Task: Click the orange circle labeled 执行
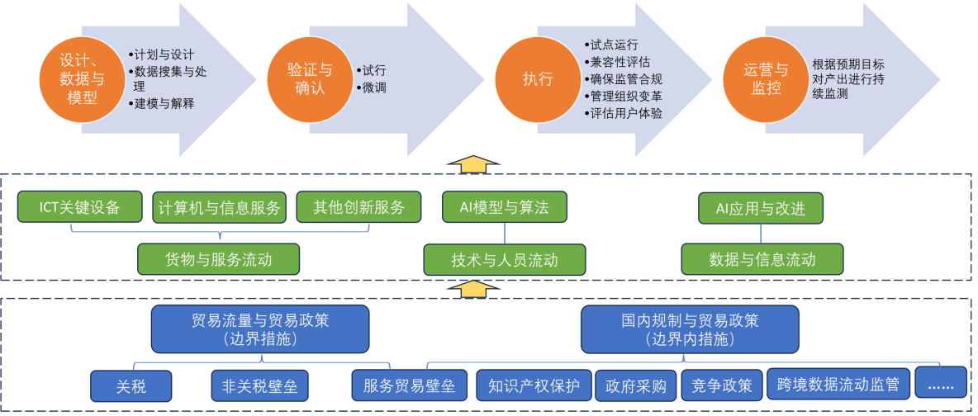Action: coord(538,79)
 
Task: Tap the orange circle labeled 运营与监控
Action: coord(766,79)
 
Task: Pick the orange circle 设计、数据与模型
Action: coord(83,79)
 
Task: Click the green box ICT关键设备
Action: coord(80,207)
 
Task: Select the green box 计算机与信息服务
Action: coord(220,207)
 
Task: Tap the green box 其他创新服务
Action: coord(358,207)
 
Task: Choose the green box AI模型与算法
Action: coord(504,207)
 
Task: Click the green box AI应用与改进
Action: coord(761,207)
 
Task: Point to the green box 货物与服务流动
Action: coord(219,259)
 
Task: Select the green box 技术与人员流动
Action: coord(504,259)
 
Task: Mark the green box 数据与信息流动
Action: coord(762,259)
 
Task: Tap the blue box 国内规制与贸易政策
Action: coord(690,329)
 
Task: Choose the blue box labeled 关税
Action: coord(131,385)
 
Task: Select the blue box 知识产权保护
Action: coord(534,385)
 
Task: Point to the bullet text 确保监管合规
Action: coord(625,79)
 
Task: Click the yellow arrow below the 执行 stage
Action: coord(473,163)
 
